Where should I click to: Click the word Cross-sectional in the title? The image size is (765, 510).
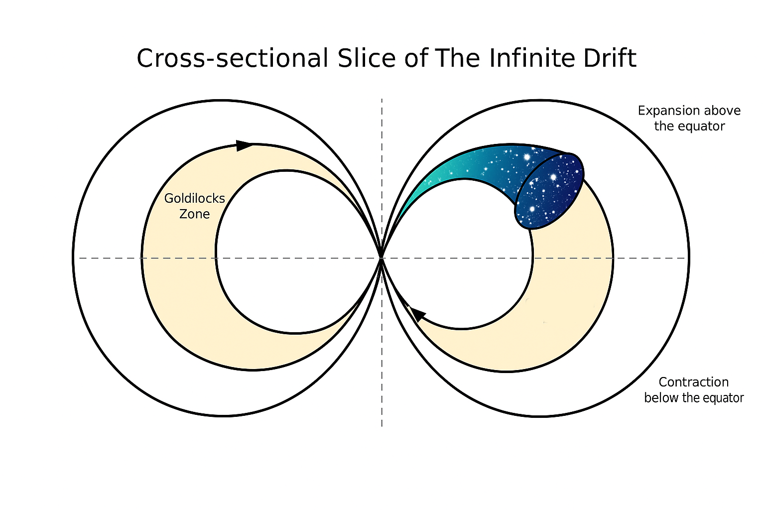point(232,58)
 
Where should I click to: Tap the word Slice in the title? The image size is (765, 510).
point(367,58)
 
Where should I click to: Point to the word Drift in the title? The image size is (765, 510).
point(610,58)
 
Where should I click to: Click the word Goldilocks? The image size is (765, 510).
point(195,198)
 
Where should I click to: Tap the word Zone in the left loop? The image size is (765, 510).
point(195,214)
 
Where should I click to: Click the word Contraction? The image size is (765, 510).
point(694,382)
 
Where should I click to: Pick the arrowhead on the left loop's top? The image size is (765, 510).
point(244,145)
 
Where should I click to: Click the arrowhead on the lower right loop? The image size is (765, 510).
point(418,314)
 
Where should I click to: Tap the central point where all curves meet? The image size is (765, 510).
point(382,258)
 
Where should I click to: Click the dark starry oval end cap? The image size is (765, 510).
point(549,191)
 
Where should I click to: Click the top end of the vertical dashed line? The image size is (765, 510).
point(382,99)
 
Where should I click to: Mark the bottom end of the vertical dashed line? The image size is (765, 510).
point(382,426)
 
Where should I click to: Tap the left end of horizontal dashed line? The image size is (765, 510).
point(79,258)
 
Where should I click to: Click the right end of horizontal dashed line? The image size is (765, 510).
point(685,258)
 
